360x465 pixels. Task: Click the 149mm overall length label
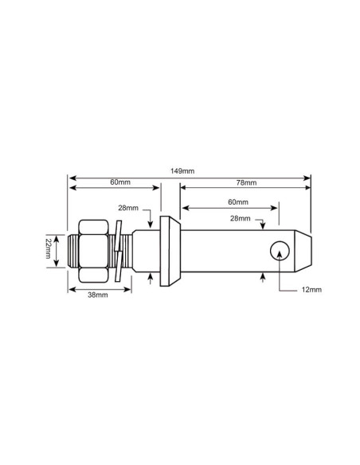click(182, 171)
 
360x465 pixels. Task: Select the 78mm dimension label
click(246, 182)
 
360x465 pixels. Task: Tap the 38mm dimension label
click(98, 295)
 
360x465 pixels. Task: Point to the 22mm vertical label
click(49, 248)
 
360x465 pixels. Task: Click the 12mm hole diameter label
click(311, 290)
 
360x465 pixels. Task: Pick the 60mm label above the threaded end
click(120, 182)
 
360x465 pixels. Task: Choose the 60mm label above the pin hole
click(238, 202)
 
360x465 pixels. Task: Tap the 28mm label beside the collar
click(128, 208)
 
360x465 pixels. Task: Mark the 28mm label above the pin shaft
click(241, 218)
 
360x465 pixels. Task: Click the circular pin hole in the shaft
click(280, 251)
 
